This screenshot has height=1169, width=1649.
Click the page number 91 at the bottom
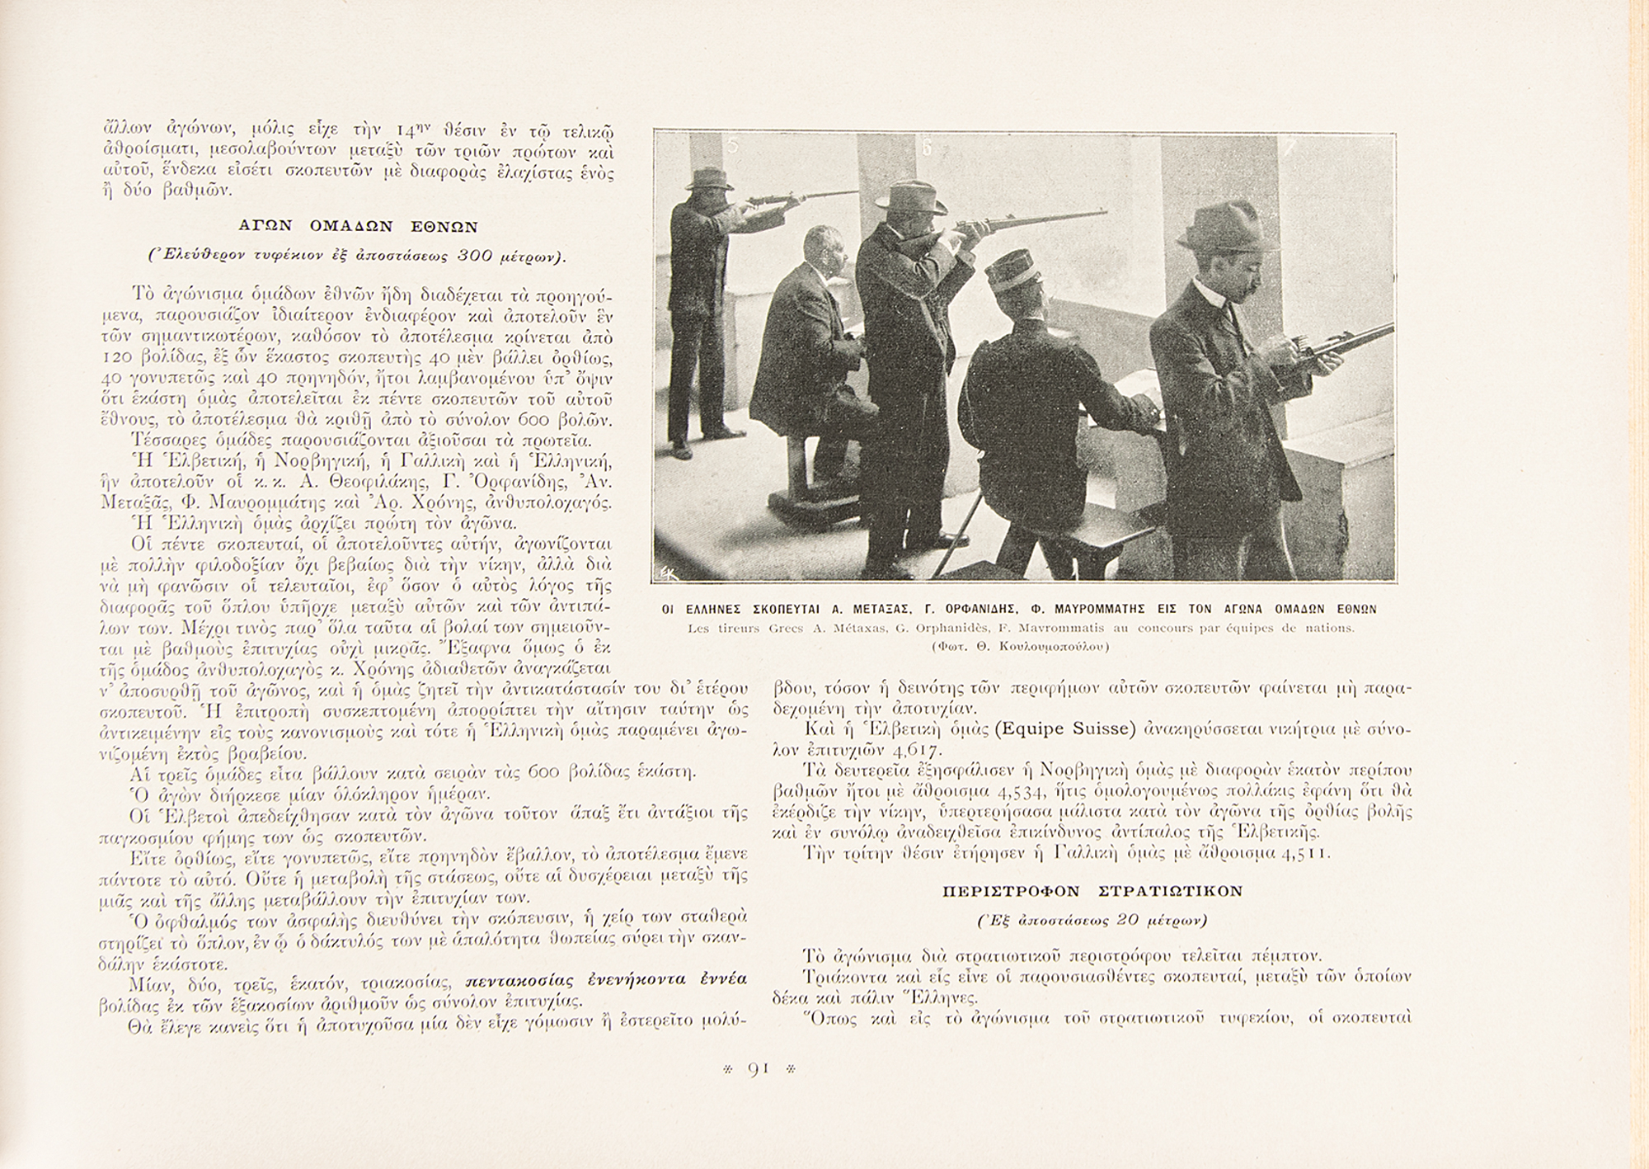point(758,1069)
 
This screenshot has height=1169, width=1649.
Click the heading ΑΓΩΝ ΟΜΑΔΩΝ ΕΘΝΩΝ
point(358,225)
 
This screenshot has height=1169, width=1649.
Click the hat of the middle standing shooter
point(912,196)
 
